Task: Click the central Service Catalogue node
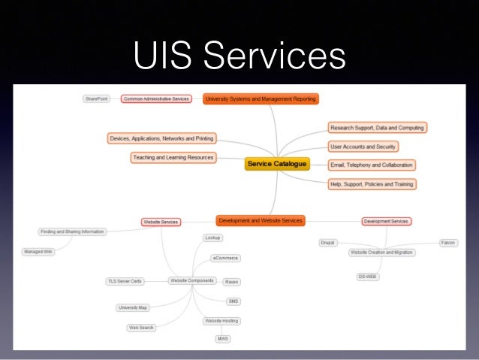pos(277,164)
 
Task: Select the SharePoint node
pos(96,98)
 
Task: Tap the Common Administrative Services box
pos(155,98)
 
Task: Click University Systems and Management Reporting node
pos(261,98)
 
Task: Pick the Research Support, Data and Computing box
pos(378,128)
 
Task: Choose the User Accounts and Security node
pos(363,147)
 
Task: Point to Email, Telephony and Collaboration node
pos(372,165)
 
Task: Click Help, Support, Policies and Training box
pos(372,183)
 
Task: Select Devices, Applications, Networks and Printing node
pos(162,138)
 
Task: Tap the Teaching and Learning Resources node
pos(173,158)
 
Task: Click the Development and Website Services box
pos(261,220)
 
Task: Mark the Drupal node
pos(327,243)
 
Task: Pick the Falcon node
pos(448,243)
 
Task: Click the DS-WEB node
pos(366,277)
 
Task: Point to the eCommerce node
pos(225,258)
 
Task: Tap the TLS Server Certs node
pos(125,281)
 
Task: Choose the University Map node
pos(132,307)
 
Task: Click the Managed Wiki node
pos(37,252)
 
